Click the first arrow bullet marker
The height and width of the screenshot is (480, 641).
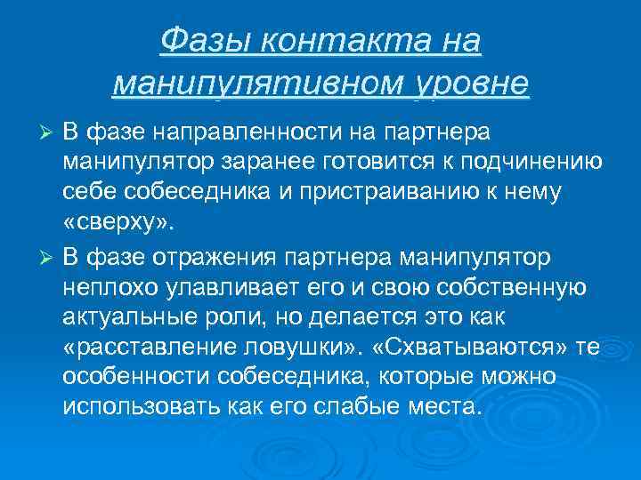click(x=50, y=132)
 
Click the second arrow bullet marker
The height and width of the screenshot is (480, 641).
click(x=50, y=258)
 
